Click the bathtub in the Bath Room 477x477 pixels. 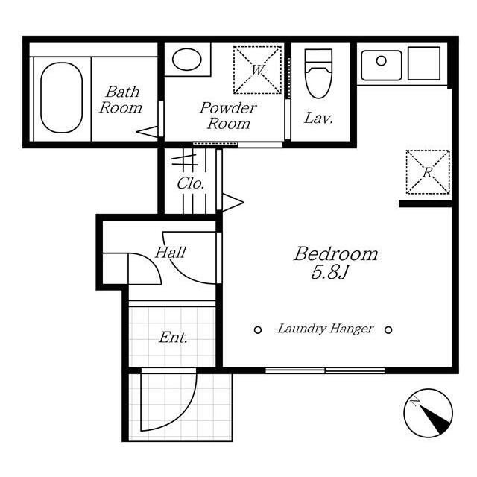pyautogui.click(x=61, y=98)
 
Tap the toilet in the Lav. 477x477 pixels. pyautogui.click(x=318, y=74)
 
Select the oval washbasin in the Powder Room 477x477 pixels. pyautogui.click(x=187, y=60)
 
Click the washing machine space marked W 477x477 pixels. pyautogui.click(x=257, y=70)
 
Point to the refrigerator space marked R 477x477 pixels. pyautogui.click(x=428, y=172)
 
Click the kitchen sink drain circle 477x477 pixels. pyautogui.click(x=381, y=61)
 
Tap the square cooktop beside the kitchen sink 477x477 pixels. pyautogui.click(x=424, y=63)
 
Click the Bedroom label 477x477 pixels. pyautogui.click(x=336, y=253)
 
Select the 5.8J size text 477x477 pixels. pyautogui.click(x=329, y=272)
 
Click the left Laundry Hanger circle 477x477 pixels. pyautogui.click(x=258, y=329)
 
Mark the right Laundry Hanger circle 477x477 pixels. pyautogui.click(x=388, y=329)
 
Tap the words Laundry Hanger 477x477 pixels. pyautogui.click(x=325, y=329)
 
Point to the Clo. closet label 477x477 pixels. pyautogui.click(x=191, y=183)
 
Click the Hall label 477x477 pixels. pyautogui.click(x=171, y=253)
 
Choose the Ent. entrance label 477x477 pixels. pyautogui.click(x=173, y=338)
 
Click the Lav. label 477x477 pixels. pyautogui.click(x=319, y=118)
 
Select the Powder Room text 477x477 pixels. pyautogui.click(x=228, y=116)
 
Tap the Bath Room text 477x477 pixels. pyautogui.click(x=121, y=100)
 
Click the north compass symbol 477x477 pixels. pyautogui.click(x=428, y=413)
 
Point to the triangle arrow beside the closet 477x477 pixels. pyautogui.click(x=233, y=202)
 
